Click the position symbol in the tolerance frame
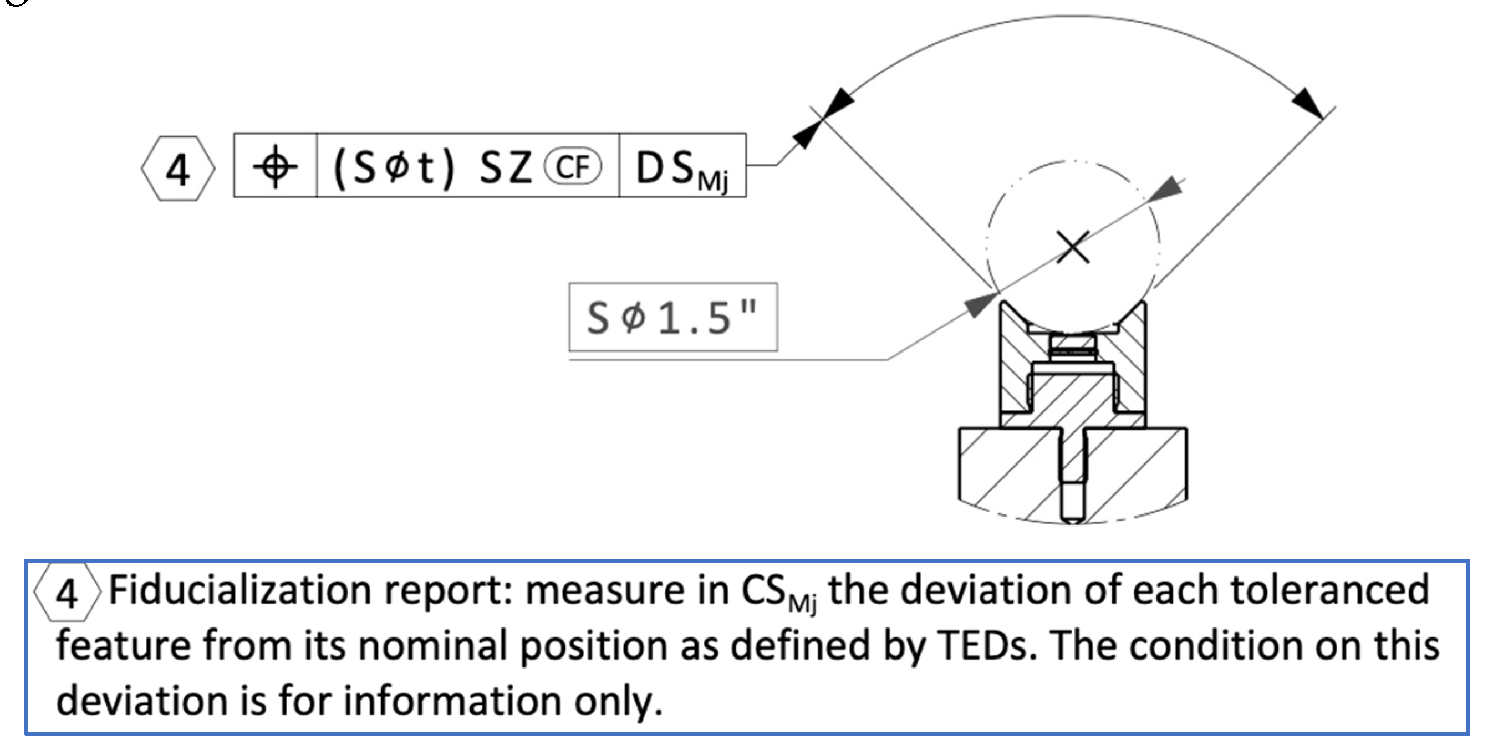(275, 166)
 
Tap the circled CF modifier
(573, 167)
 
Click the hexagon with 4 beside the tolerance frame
(178, 169)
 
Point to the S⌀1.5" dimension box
(673, 317)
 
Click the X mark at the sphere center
(1073, 247)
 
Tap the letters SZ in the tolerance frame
(505, 167)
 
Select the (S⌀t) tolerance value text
(394, 167)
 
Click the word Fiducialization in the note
(240, 590)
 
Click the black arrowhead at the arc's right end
(1308, 104)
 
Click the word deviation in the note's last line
(142, 700)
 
